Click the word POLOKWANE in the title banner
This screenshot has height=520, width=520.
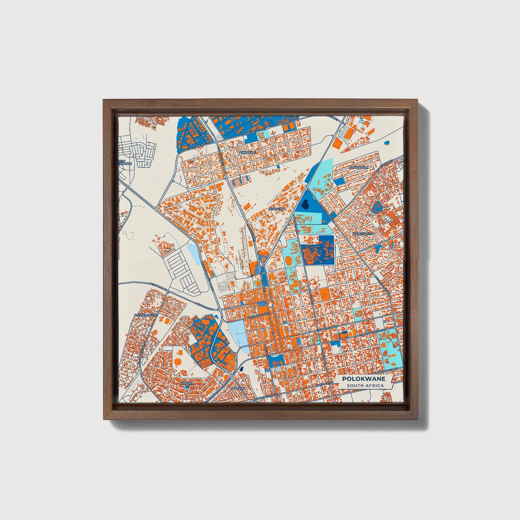[364, 379]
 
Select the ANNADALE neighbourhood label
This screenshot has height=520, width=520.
[248, 153]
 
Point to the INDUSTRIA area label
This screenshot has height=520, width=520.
[276, 209]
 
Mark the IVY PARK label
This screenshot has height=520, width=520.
[238, 389]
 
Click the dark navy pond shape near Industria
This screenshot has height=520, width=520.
[306, 205]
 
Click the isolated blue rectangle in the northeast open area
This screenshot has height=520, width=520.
[387, 143]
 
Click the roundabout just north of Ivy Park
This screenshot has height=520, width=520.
[232, 376]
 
